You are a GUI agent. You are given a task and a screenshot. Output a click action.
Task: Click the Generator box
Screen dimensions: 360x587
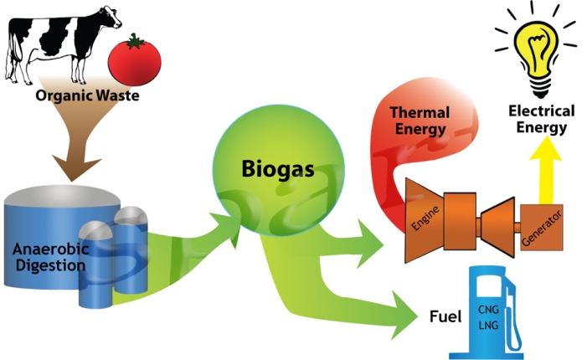(x=541, y=226)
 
